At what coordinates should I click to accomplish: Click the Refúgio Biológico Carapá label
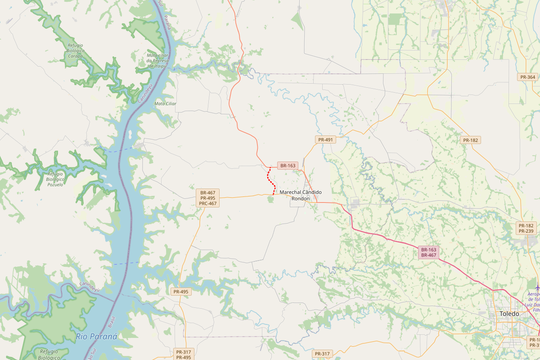pos(75,51)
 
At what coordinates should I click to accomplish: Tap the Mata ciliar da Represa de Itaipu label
pos(157,60)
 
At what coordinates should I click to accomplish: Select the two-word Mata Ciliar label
pos(165,103)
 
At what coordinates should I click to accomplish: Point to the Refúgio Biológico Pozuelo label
pos(55,179)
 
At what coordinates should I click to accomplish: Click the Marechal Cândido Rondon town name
pos(301,195)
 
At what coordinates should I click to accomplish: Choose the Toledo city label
pos(509,314)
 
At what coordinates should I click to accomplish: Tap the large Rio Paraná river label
pos(96,337)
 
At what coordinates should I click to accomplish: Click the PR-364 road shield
pos(527,77)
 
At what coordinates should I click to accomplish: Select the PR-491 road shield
pos(325,139)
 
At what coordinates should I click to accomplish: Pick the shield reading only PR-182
pos(471,140)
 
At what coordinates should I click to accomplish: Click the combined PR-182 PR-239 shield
pos(526,228)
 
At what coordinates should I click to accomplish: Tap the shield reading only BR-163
pos(288,166)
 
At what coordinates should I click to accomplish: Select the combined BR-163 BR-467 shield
pos(428,252)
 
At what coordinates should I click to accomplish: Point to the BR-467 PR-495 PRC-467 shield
pos(207,198)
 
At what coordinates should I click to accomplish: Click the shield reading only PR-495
pos(181,292)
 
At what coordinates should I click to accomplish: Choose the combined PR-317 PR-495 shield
pos(184,355)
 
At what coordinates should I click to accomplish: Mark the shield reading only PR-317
pos(322,354)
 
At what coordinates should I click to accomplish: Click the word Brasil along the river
pos(112,321)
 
